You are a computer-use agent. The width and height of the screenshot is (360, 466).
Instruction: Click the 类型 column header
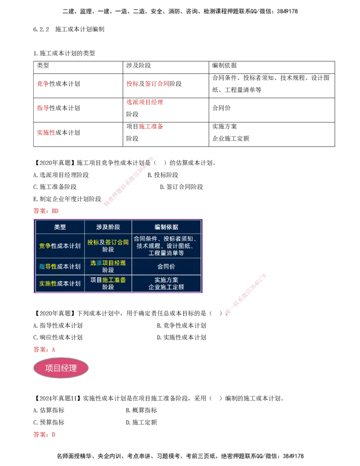60,227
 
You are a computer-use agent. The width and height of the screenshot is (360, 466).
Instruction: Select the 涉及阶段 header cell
108,227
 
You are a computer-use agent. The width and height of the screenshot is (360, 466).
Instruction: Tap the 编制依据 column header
166,227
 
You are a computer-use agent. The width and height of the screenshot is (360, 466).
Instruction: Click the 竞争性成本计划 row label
60,246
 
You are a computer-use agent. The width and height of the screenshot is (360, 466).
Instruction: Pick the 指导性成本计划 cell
60,267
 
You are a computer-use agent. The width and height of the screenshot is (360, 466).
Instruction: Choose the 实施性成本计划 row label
60,283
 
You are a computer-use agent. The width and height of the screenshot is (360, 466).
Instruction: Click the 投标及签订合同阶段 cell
108,246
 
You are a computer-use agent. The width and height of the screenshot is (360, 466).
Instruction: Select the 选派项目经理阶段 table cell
108,267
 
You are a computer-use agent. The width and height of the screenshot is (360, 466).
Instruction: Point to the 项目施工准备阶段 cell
108,283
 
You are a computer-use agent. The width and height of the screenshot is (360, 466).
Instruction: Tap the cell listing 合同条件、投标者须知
166,246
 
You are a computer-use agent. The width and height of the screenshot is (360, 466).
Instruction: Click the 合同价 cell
166,267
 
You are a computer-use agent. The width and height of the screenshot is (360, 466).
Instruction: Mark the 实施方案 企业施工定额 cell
166,283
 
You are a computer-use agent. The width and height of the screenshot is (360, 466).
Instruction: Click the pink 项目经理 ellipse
61,368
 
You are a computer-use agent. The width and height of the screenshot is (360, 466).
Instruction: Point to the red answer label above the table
46,211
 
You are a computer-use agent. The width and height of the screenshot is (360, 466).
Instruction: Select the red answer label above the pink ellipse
45,349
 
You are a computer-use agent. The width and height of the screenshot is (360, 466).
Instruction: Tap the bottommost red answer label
45,435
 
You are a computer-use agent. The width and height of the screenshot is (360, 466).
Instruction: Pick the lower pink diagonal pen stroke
245,293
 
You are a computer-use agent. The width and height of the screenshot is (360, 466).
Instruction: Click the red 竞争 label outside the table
43,84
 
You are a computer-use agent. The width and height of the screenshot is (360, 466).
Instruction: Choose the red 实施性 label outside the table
46,133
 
